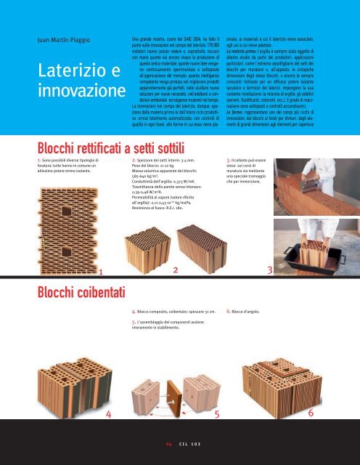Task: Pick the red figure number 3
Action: pyautogui.click(x=270, y=270)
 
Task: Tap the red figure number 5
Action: pyautogui.click(x=216, y=413)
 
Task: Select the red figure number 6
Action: pyautogui.click(x=311, y=412)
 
